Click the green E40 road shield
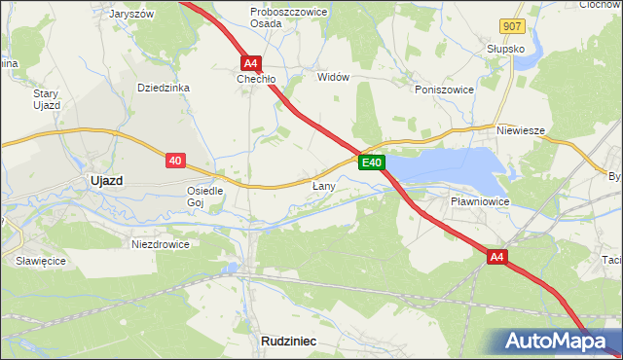point(372,162)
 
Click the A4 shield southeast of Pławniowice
point(497,257)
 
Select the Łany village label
point(323,185)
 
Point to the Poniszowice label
point(444,89)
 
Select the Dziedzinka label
point(163,88)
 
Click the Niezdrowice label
point(160,244)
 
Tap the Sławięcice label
point(40,261)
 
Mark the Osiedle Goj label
point(205,197)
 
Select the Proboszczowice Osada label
point(279,18)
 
